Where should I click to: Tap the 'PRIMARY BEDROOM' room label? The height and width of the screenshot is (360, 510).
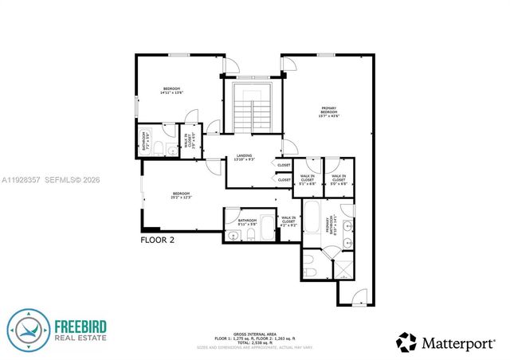[328, 112]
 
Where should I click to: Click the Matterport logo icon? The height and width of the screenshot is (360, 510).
[406, 342]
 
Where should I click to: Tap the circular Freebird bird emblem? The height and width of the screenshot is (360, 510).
[28, 331]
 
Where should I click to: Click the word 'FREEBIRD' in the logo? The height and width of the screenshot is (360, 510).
[86, 325]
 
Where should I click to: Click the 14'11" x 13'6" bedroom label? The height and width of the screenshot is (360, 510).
[173, 91]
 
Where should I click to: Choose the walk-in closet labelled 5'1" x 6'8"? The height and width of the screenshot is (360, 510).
[308, 178]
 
